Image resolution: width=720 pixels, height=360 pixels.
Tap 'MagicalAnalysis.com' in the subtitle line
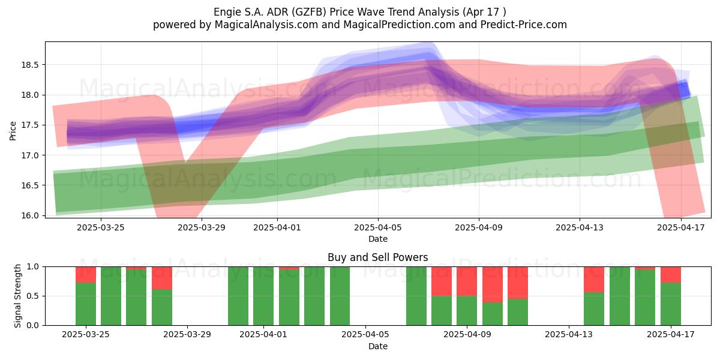coord(266,25)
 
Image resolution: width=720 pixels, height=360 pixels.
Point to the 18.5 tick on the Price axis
coord(30,65)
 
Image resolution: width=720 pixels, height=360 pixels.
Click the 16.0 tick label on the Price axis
coord(30,215)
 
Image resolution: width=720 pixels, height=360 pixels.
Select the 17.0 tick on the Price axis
coord(30,155)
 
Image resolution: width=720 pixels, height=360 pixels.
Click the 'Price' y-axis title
coord(13,131)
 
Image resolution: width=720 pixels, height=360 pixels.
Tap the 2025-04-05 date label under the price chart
coord(378,227)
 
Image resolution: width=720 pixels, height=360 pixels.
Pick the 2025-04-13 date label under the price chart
coord(580,227)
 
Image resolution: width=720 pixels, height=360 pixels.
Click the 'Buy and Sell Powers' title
coord(377,257)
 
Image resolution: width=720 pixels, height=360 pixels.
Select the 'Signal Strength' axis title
coord(17,296)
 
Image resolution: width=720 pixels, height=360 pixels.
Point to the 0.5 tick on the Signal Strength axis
coord(33,296)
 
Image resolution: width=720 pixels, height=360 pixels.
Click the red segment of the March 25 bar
coord(86,275)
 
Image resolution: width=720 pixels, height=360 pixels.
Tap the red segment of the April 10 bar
coord(493,284)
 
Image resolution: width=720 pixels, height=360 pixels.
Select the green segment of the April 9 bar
coord(467,311)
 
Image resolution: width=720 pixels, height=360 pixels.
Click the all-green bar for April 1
coord(263,296)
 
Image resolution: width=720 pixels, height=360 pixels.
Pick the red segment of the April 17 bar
coord(671,275)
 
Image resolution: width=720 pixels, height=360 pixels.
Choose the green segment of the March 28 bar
coord(162,307)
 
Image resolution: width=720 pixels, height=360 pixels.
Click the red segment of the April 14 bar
coord(594,280)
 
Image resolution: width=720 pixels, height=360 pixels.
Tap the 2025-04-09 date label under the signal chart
coord(467,335)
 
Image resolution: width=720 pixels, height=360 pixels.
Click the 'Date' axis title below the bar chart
coord(378,346)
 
